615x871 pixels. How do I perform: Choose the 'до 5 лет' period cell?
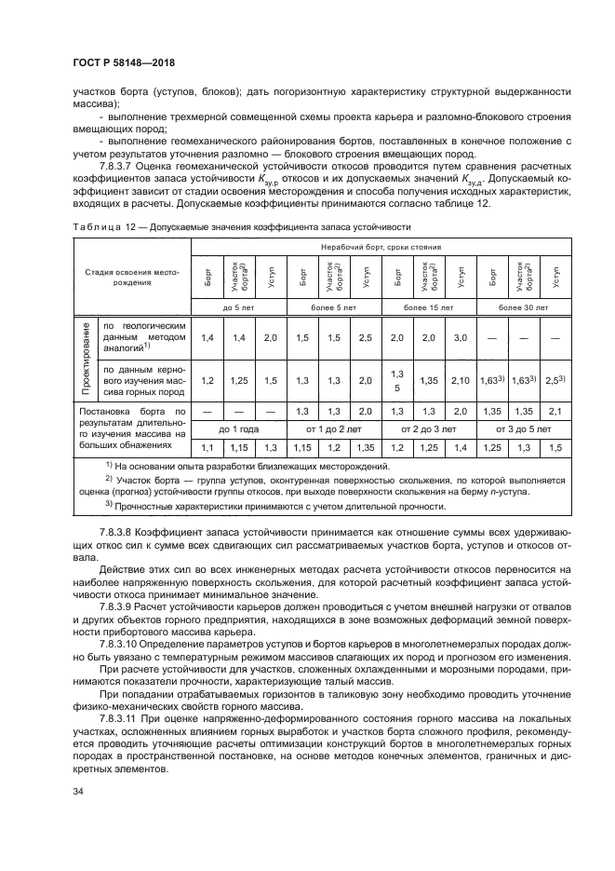[238, 306]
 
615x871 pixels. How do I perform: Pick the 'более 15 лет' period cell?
[427, 306]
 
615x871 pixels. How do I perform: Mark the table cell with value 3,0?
[460, 339]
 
